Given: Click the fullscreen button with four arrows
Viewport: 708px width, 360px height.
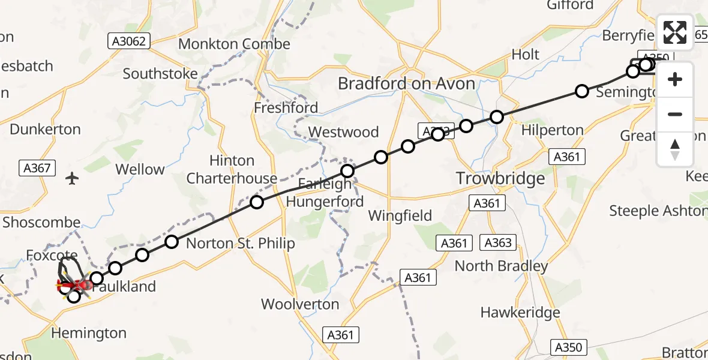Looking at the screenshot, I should coord(675,32).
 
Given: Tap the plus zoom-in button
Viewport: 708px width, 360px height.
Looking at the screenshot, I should coord(675,79).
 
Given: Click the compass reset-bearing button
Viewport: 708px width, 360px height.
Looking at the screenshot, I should coord(675,150).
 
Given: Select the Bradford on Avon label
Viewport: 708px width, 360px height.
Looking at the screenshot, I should coord(406,83).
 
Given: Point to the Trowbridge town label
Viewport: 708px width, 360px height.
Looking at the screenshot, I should coord(500,178).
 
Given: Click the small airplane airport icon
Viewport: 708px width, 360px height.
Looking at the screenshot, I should coord(73,178).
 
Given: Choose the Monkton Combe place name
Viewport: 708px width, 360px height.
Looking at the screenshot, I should coord(234,44).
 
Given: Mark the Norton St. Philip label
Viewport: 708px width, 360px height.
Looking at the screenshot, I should coord(241,243).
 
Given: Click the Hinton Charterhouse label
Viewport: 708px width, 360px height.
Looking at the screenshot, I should coord(232,170).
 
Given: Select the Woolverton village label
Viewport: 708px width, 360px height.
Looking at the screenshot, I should coord(301,304).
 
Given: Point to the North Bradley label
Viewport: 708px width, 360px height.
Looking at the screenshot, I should coord(502,266).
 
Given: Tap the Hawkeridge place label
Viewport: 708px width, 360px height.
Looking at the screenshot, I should coord(520,313).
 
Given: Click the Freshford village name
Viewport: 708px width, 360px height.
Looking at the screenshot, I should coord(286,108).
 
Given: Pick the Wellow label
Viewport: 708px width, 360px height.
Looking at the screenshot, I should coord(140,170).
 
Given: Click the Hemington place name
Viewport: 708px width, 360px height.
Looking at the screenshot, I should coord(89,333).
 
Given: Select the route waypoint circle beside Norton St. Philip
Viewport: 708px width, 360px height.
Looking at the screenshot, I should coord(172,242).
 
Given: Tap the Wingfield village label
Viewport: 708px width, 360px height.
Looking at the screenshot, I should coord(400,215).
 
